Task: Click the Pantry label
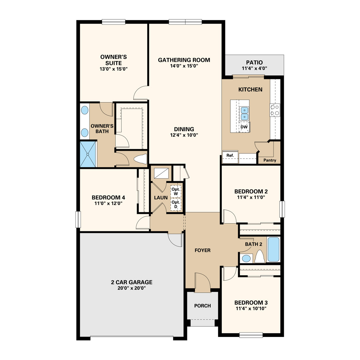[x=270, y=160]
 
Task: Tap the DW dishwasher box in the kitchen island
[x=244, y=127]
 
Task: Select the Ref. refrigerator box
[x=230, y=157]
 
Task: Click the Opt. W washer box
[x=176, y=191]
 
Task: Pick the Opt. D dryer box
[x=176, y=204]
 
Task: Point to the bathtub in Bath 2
[x=273, y=249]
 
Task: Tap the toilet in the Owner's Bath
[x=140, y=159]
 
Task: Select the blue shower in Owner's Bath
[x=88, y=154]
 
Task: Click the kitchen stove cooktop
[x=275, y=110]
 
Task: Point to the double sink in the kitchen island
[x=244, y=114]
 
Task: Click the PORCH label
[x=203, y=306]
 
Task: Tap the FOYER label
[x=203, y=250]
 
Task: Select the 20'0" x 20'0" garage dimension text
[x=132, y=288]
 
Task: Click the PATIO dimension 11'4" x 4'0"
[x=254, y=68]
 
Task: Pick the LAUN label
[x=161, y=198]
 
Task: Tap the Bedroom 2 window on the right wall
[x=282, y=209]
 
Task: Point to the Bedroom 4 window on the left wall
[x=78, y=219]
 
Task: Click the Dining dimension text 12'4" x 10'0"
[x=184, y=135]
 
